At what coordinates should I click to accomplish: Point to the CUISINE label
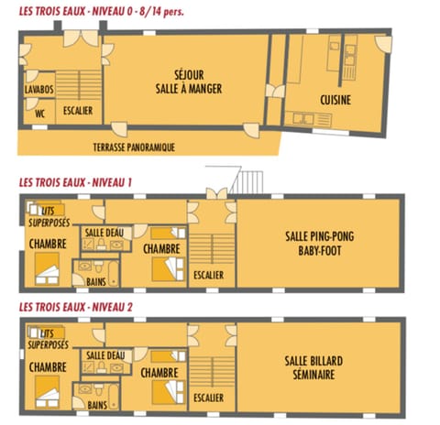coord(337,98)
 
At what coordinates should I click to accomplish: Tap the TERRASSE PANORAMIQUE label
coord(134,146)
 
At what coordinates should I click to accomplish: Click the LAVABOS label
coord(38,89)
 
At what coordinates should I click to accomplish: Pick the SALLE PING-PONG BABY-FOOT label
coord(320,242)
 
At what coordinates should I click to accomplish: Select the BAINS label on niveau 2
coord(98,404)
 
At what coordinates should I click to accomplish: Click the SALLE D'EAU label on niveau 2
coord(104,355)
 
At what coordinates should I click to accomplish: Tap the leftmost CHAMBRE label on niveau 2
coord(46,367)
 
